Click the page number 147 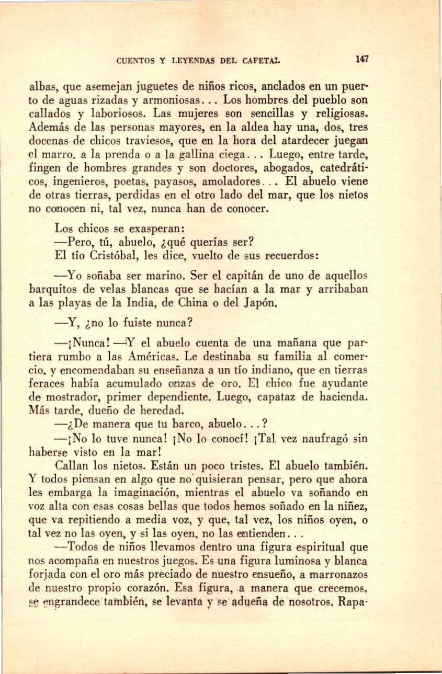pyautogui.click(x=362, y=59)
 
